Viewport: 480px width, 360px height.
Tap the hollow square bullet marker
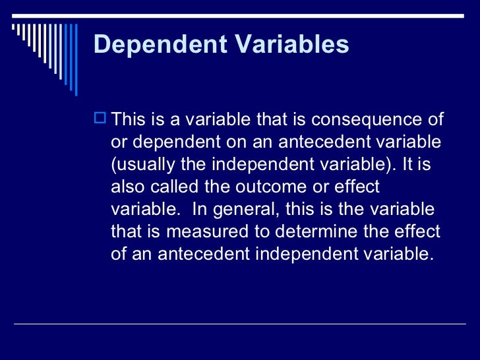tap(101, 119)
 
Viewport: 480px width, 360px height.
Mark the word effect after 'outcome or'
tap(357, 187)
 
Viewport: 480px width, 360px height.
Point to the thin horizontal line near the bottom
tap(240, 324)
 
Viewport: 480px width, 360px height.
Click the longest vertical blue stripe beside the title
tap(75, 59)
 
